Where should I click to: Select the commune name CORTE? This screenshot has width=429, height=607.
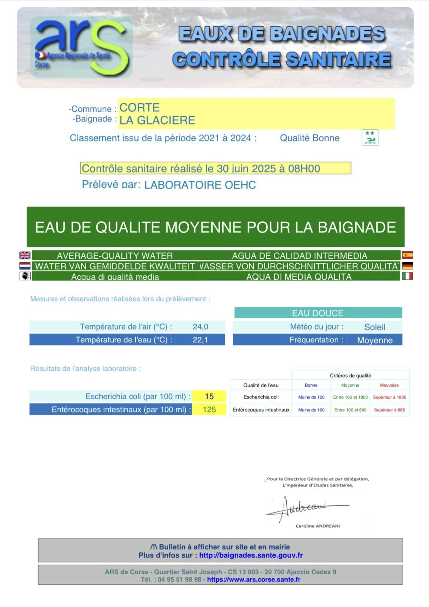coord(139,108)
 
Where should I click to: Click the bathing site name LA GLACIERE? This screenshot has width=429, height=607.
coord(157,120)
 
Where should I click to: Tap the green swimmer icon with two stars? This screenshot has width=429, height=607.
coord(370,138)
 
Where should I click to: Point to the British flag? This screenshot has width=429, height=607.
coord(25,255)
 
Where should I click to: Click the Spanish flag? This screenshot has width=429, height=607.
coord(407,255)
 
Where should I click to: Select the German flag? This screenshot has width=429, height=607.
coord(407,266)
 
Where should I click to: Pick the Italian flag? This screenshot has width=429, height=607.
coord(407,276)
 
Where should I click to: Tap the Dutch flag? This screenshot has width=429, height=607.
coord(25,266)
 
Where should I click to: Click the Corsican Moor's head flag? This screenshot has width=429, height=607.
coord(25,276)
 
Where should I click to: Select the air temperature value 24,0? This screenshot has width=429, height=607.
coord(200,327)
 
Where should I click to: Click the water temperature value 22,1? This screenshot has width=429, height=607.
coord(200,340)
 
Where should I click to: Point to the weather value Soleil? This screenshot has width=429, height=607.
coord(375,327)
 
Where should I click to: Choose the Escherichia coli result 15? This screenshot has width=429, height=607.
coord(209,396)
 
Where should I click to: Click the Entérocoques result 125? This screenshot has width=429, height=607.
coord(209,409)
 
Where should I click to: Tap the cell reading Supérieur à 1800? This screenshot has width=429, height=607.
coord(389,397)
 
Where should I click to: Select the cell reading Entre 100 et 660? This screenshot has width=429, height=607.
coord(350,410)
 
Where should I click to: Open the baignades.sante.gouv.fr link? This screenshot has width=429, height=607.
coord(251,555)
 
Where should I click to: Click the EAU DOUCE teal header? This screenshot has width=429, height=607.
coord(318,313)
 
